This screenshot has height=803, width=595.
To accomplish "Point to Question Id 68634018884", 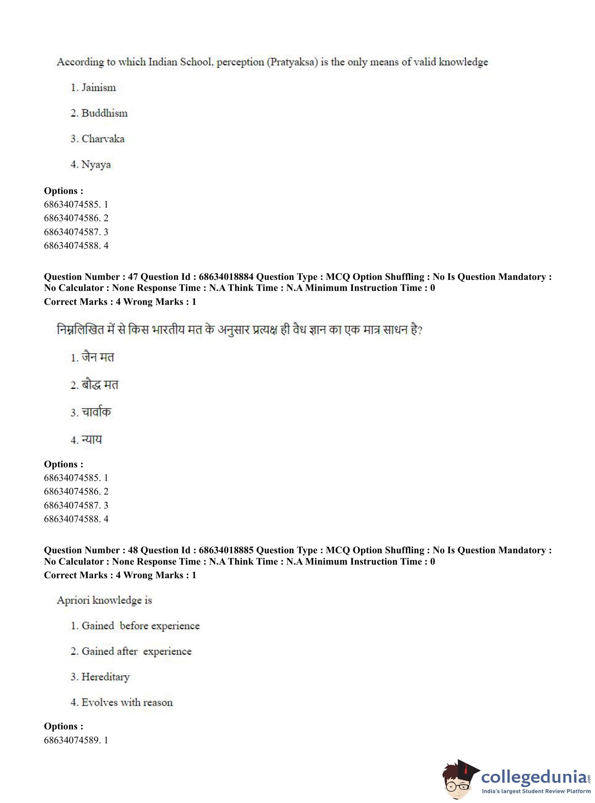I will point(226,277).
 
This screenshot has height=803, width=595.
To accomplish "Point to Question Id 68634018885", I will point(226,550).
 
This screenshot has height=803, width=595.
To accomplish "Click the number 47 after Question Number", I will point(133,277).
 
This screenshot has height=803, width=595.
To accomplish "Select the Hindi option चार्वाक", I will point(96,412).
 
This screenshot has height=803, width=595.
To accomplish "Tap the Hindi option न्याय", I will point(91,439).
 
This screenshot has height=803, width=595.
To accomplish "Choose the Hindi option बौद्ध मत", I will point(100,385).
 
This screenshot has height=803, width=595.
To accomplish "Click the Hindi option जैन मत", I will point(98,357).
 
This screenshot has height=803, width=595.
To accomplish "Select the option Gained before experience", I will point(140,626).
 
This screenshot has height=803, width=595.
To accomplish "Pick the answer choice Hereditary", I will point(105,677).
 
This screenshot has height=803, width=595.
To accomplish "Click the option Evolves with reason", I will point(127,702).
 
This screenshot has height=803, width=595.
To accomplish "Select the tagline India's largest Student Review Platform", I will point(536,791).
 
